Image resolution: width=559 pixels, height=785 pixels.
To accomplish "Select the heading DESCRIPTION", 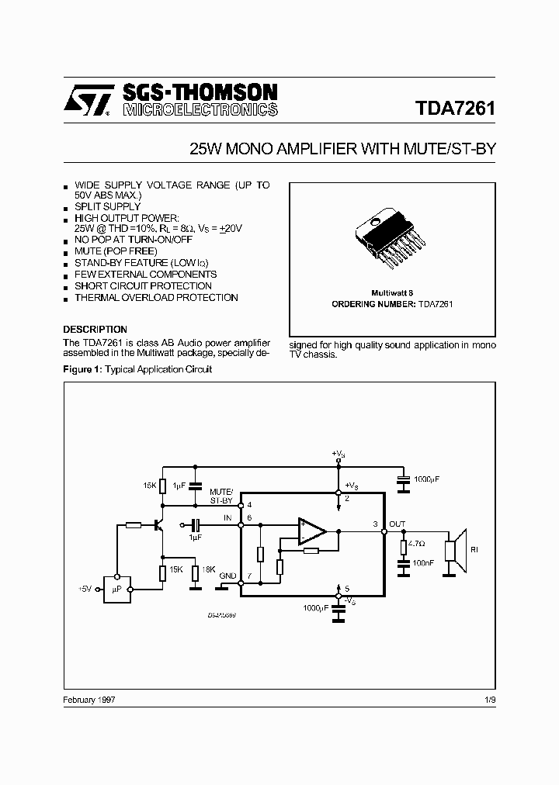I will click(95, 329).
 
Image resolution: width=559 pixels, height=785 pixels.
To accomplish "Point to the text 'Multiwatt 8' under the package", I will click(392, 293).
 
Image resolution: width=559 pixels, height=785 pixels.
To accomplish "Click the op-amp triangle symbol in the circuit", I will click(313, 532).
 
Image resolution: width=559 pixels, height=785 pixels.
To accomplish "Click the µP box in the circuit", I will click(117, 589).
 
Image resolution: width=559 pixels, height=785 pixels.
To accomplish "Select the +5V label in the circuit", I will click(85, 590).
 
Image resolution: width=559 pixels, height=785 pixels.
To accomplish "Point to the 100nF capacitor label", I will click(422, 562).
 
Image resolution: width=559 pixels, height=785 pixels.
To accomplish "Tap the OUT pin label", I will click(397, 524).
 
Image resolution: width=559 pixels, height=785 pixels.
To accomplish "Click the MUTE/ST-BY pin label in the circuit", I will click(220, 496).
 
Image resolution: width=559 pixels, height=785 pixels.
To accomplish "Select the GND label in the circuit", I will click(227, 575).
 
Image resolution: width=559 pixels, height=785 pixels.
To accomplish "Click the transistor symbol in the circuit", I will click(160, 525).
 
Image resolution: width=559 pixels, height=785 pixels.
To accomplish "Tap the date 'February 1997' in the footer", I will click(89, 699).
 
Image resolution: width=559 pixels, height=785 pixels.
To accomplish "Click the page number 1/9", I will click(489, 699).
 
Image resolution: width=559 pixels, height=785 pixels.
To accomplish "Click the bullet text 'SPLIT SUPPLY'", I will click(107, 206).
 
